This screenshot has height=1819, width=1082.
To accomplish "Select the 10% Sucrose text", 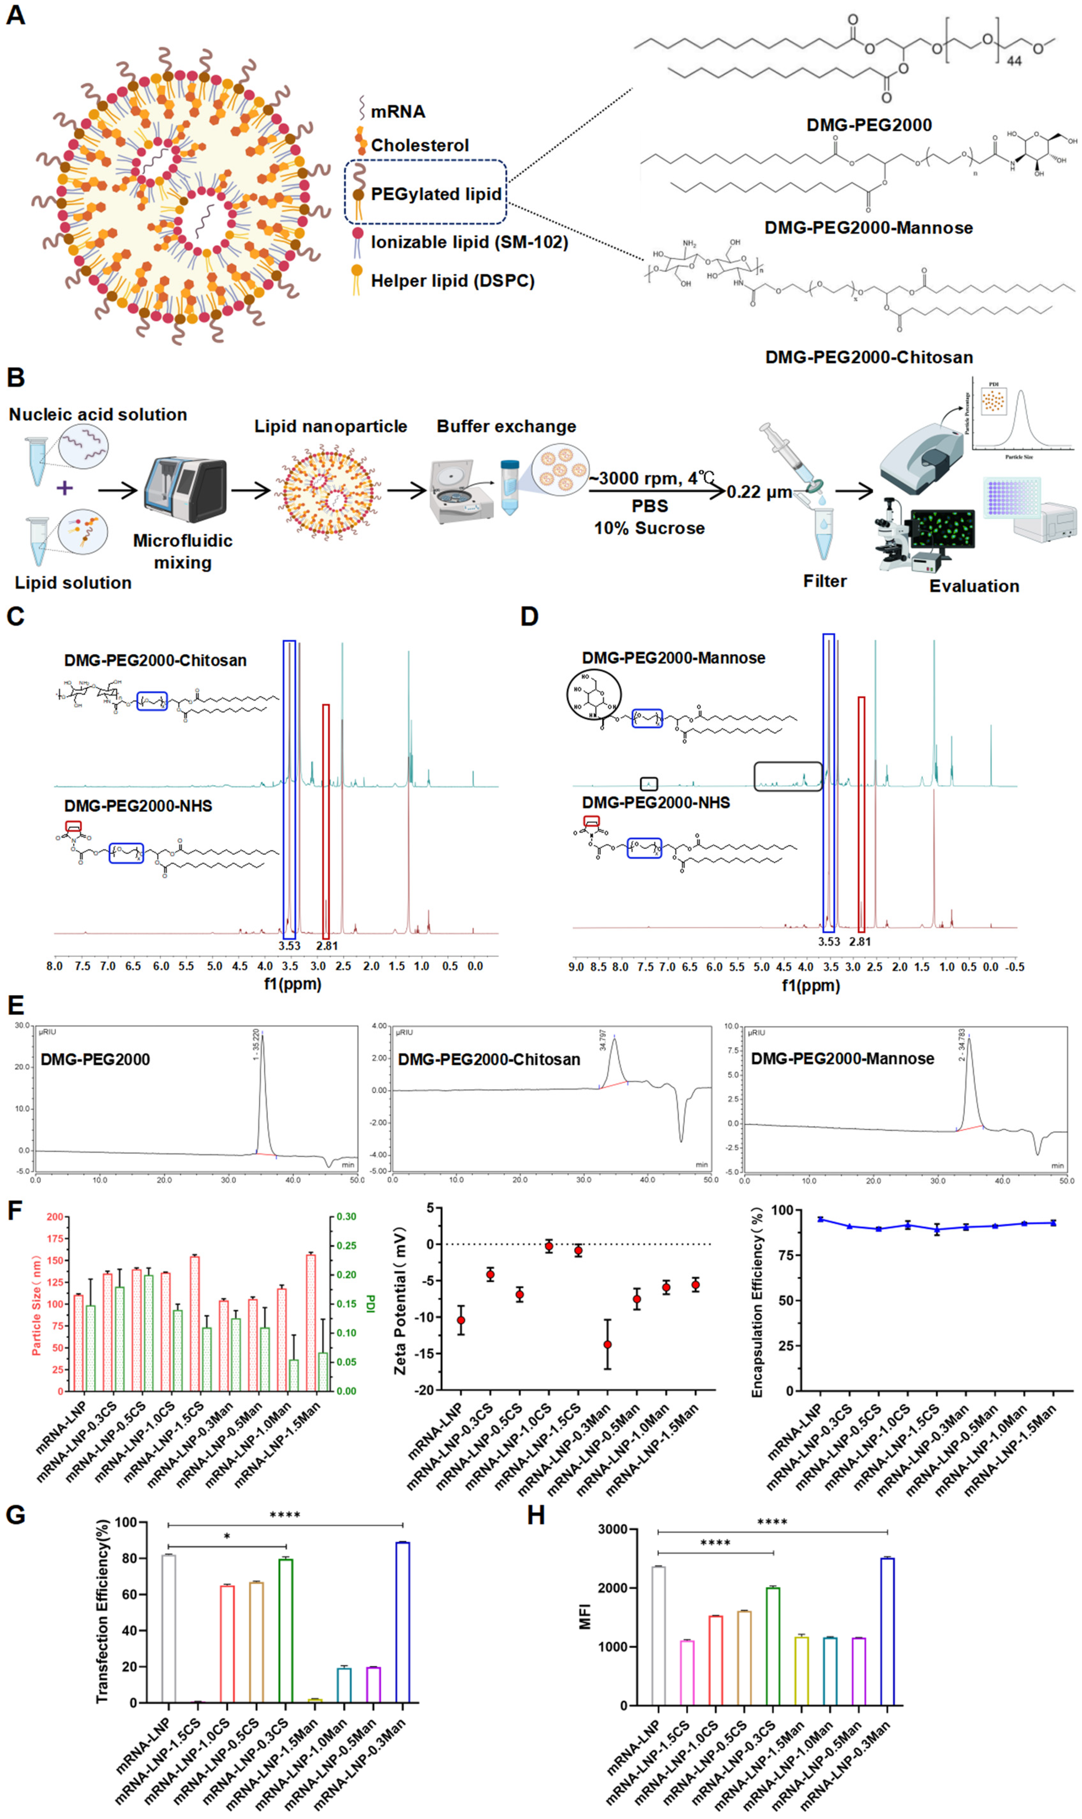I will pos(649,528).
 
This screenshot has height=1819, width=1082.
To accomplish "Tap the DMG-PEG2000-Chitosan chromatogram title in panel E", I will pos(488,1059).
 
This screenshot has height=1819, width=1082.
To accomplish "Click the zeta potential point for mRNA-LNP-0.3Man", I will pos(607,1344).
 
